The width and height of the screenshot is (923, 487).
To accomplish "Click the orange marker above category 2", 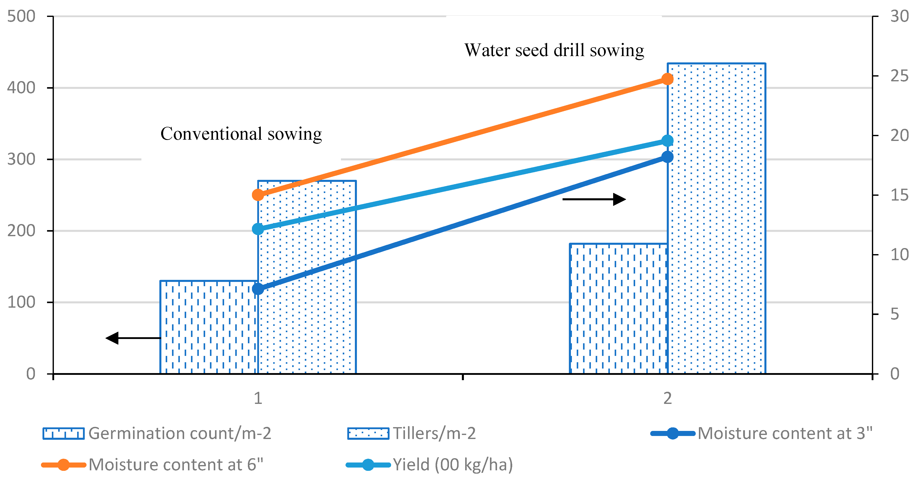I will pos(667,79).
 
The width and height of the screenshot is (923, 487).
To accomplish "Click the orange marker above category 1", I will pos(258,195).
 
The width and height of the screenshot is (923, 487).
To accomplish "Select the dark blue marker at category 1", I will pos(258,289).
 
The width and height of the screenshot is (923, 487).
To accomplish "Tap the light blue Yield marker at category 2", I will pos(667,141).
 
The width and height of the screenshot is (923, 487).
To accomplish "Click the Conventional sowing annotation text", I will pos(241,134).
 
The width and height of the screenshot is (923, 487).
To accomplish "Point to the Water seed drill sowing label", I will pos(554,50).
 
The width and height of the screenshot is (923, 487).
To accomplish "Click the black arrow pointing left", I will pos(133,338).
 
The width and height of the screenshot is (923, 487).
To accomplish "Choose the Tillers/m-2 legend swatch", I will pos(368,433).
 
